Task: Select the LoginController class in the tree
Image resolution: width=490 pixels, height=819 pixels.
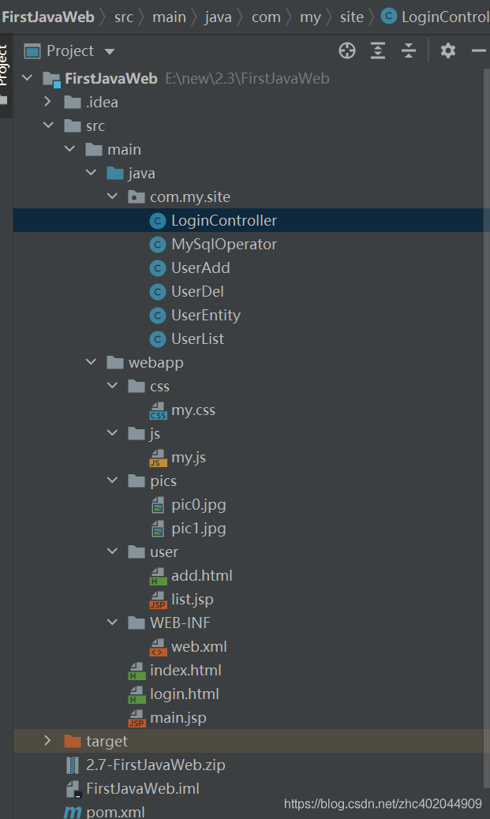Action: click(223, 221)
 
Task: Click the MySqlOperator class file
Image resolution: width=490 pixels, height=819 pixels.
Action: click(223, 245)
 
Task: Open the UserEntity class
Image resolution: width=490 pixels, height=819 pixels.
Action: click(205, 316)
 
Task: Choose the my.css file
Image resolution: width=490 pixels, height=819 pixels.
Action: click(193, 410)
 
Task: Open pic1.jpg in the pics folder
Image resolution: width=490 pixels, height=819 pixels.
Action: click(198, 529)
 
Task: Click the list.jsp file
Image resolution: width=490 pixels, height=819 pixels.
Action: click(192, 600)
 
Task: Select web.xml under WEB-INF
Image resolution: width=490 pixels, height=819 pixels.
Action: click(198, 647)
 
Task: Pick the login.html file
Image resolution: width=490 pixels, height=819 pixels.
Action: click(184, 694)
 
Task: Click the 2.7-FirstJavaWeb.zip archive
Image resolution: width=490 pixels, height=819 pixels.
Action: click(155, 765)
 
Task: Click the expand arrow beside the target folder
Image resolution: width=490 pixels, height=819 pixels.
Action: click(47, 741)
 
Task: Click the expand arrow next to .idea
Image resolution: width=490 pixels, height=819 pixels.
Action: click(47, 102)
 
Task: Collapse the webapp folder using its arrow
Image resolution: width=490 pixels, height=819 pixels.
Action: click(91, 363)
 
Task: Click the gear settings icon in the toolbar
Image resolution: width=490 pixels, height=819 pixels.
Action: click(448, 51)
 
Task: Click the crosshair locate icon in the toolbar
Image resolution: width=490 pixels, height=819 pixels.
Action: click(347, 51)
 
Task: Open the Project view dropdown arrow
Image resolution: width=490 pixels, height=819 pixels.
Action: click(110, 52)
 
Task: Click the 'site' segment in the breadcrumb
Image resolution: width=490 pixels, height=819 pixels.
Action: click(352, 17)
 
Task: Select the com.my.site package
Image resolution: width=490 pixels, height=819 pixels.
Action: click(189, 197)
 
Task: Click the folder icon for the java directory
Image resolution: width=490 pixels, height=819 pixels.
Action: click(115, 174)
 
